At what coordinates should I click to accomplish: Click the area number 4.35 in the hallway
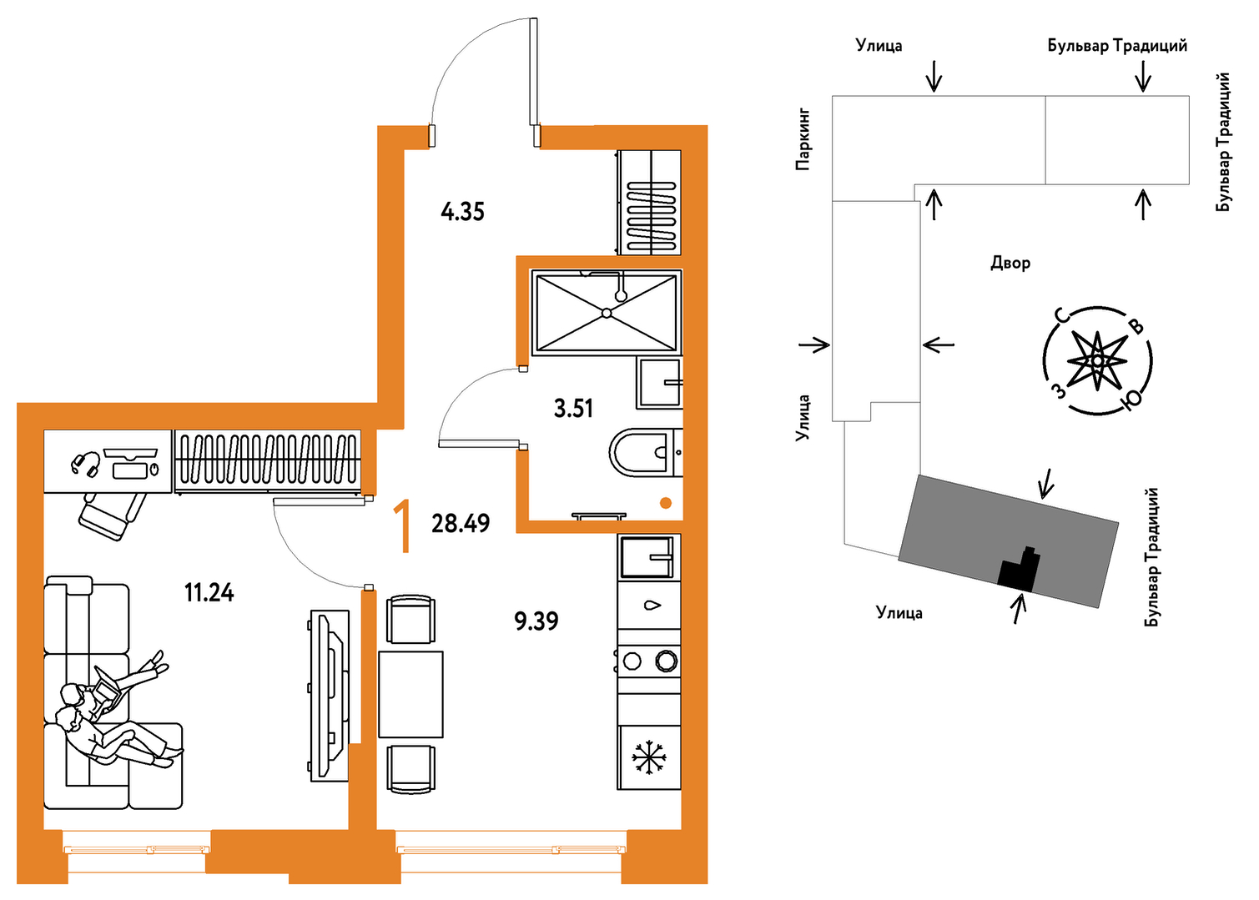coord(462,213)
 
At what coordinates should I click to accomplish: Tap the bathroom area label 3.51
coord(573,409)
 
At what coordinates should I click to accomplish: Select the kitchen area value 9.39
coord(536,621)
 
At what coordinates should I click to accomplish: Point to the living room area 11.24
coord(209,592)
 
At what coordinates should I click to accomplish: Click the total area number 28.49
coord(461,523)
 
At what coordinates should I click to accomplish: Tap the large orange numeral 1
coord(402,527)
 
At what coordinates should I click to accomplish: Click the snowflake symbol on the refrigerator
coord(649,758)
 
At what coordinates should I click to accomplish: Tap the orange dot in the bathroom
coord(666,503)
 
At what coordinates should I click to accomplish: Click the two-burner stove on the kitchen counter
coord(649,661)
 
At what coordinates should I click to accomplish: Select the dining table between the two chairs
coord(410,694)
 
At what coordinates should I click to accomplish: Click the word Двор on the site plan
coord(1010,263)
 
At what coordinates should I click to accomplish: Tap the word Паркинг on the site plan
coord(803,140)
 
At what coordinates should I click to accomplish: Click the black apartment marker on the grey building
coord(1018,570)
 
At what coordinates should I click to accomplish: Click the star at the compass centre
coord(1096,360)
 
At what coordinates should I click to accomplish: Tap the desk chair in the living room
coord(113,515)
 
